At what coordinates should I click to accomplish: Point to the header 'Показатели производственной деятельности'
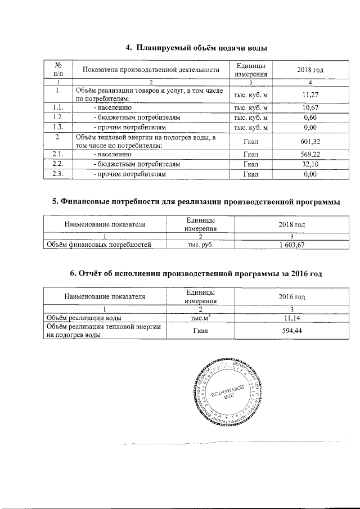pyautogui.click(x=150, y=70)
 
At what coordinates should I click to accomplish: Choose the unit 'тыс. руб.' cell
pyautogui.click(x=200, y=245)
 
